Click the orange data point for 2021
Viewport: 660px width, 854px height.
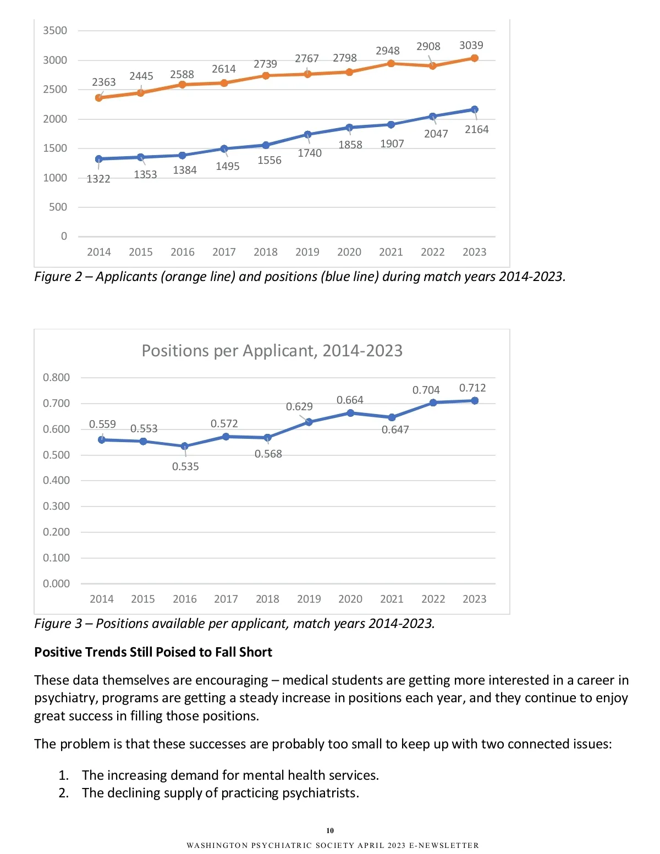click(x=391, y=63)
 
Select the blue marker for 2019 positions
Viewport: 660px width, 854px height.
click(x=307, y=134)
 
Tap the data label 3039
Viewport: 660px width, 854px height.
click(x=471, y=45)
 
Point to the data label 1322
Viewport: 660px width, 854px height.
click(x=98, y=179)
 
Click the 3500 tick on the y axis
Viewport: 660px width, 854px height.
click(x=55, y=31)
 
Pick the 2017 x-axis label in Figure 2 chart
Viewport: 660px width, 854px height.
click(x=224, y=252)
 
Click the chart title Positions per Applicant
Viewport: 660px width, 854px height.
click(x=272, y=351)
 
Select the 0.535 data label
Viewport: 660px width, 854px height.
click(x=185, y=466)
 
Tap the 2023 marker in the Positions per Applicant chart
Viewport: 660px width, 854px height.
click(x=475, y=401)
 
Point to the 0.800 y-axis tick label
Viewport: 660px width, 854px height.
click(x=56, y=377)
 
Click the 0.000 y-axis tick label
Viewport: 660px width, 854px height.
click(x=56, y=583)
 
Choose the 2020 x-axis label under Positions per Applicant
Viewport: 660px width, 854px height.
click(x=350, y=599)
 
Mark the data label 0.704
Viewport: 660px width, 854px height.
click(x=426, y=390)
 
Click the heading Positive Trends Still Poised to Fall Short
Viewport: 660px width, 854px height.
click(x=153, y=652)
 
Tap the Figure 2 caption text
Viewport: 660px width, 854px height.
click(x=300, y=277)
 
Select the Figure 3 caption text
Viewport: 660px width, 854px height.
click(x=234, y=624)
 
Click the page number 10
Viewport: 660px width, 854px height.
click(x=330, y=830)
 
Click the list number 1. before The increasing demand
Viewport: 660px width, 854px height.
click(x=64, y=775)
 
